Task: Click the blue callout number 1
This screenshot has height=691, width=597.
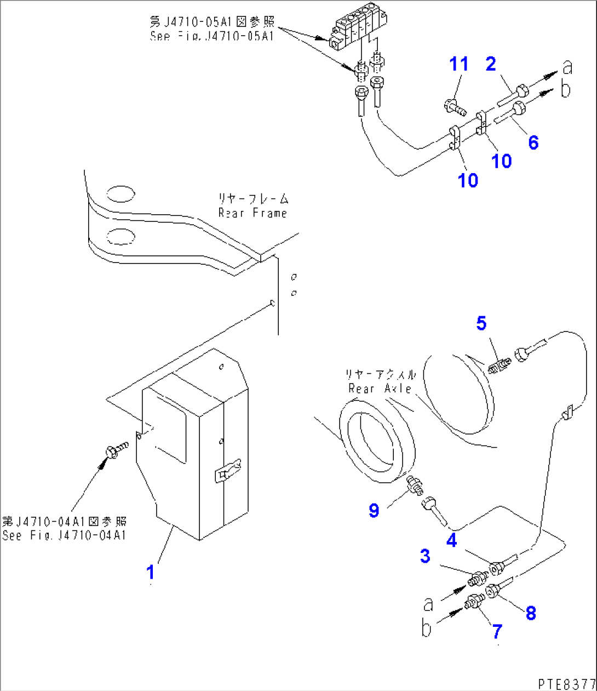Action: click(150, 572)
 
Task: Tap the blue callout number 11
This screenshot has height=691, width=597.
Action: click(459, 64)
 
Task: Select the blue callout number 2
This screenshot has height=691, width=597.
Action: click(491, 64)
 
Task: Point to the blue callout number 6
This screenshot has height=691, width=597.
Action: click(533, 142)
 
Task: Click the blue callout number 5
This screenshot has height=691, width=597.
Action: click(481, 323)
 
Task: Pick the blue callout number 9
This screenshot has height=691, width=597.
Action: click(374, 511)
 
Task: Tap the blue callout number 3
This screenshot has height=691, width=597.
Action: click(425, 556)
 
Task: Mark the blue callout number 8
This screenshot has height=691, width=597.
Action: click(530, 613)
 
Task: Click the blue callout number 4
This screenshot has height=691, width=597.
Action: click(451, 540)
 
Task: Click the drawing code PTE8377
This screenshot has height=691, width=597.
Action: click(566, 683)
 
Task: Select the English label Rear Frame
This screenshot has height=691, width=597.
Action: click(252, 213)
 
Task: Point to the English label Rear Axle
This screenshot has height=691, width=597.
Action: click(380, 389)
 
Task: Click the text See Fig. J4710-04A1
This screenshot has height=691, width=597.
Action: click(64, 535)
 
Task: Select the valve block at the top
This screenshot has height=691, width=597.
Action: click(355, 32)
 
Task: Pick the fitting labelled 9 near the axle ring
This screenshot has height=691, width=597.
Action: click(416, 484)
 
